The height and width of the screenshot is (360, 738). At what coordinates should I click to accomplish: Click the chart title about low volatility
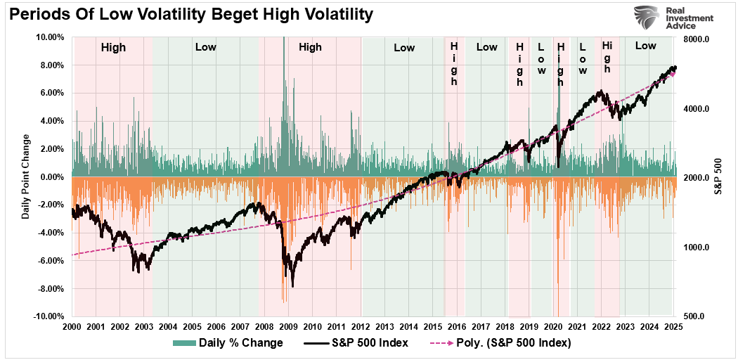click(x=189, y=14)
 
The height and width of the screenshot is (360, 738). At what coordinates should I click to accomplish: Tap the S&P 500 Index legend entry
click(x=358, y=343)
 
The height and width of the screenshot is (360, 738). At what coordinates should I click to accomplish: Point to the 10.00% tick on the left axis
click(x=49, y=37)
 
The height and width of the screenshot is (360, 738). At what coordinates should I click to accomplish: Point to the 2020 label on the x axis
click(x=553, y=328)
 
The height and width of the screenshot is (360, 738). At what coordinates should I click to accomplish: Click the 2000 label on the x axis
click(x=72, y=328)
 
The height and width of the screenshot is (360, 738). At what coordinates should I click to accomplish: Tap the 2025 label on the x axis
click(x=673, y=328)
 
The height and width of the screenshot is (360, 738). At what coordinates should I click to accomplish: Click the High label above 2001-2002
click(x=113, y=48)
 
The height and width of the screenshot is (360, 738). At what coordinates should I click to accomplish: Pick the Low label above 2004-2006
click(x=206, y=48)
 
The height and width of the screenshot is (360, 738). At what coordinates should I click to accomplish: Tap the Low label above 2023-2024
click(x=645, y=46)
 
